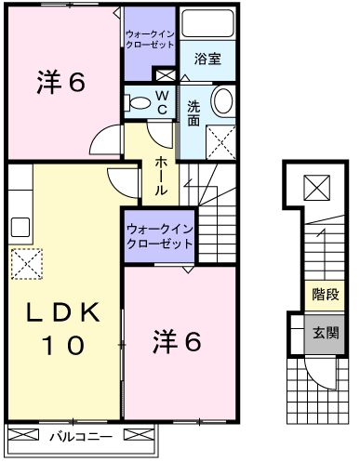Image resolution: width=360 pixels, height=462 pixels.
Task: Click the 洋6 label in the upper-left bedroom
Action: tap(61, 83)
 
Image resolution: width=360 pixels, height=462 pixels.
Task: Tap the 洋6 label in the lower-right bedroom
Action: tap(176, 342)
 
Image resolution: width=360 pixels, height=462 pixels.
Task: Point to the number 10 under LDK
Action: tap(61, 346)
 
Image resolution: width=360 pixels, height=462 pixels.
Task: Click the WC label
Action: tap(162, 101)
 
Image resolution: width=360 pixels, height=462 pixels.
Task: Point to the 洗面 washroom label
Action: tap(193, 112)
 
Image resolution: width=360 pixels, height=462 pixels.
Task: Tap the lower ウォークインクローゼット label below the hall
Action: tap(159, 233)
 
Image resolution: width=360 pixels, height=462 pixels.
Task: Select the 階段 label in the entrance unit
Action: tap(325, 296)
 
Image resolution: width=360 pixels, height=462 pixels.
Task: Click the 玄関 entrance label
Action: tap(325, 332)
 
